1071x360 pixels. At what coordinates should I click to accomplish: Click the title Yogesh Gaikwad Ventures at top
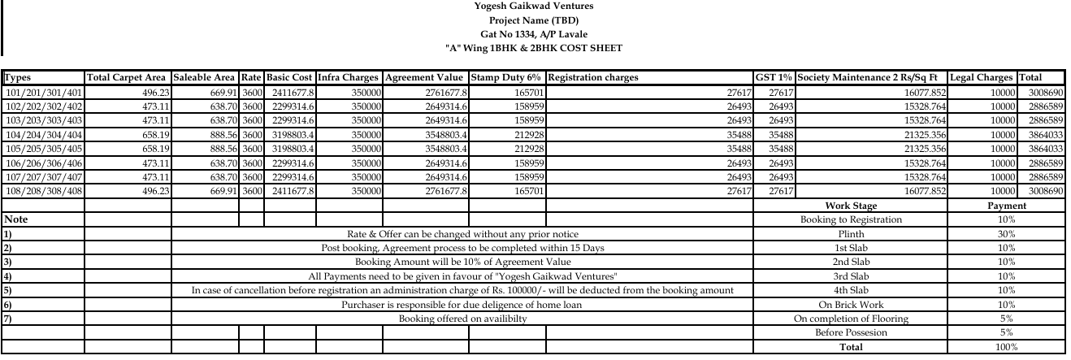(533, 7)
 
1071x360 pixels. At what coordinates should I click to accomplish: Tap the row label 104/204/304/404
(43, 134)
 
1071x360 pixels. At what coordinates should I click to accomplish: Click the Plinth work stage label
(851, 233)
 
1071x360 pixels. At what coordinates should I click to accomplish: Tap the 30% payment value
(1006, 233)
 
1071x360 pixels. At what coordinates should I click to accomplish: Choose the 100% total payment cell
(1006, 347)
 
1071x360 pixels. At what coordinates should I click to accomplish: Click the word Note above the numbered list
(16, 219)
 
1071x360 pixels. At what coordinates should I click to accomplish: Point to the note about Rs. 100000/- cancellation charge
(462, 290)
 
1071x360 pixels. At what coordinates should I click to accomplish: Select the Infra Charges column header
(348, 78)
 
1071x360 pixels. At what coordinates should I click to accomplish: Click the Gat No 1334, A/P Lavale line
(533, 34)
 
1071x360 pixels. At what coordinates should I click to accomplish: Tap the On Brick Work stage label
(851, 305)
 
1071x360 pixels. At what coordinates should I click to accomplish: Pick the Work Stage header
(851, 206)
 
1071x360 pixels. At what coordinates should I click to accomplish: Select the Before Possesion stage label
(851, 333)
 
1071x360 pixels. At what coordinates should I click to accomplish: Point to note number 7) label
(8, 319)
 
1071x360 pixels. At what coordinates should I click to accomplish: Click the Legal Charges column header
(982, 78)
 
